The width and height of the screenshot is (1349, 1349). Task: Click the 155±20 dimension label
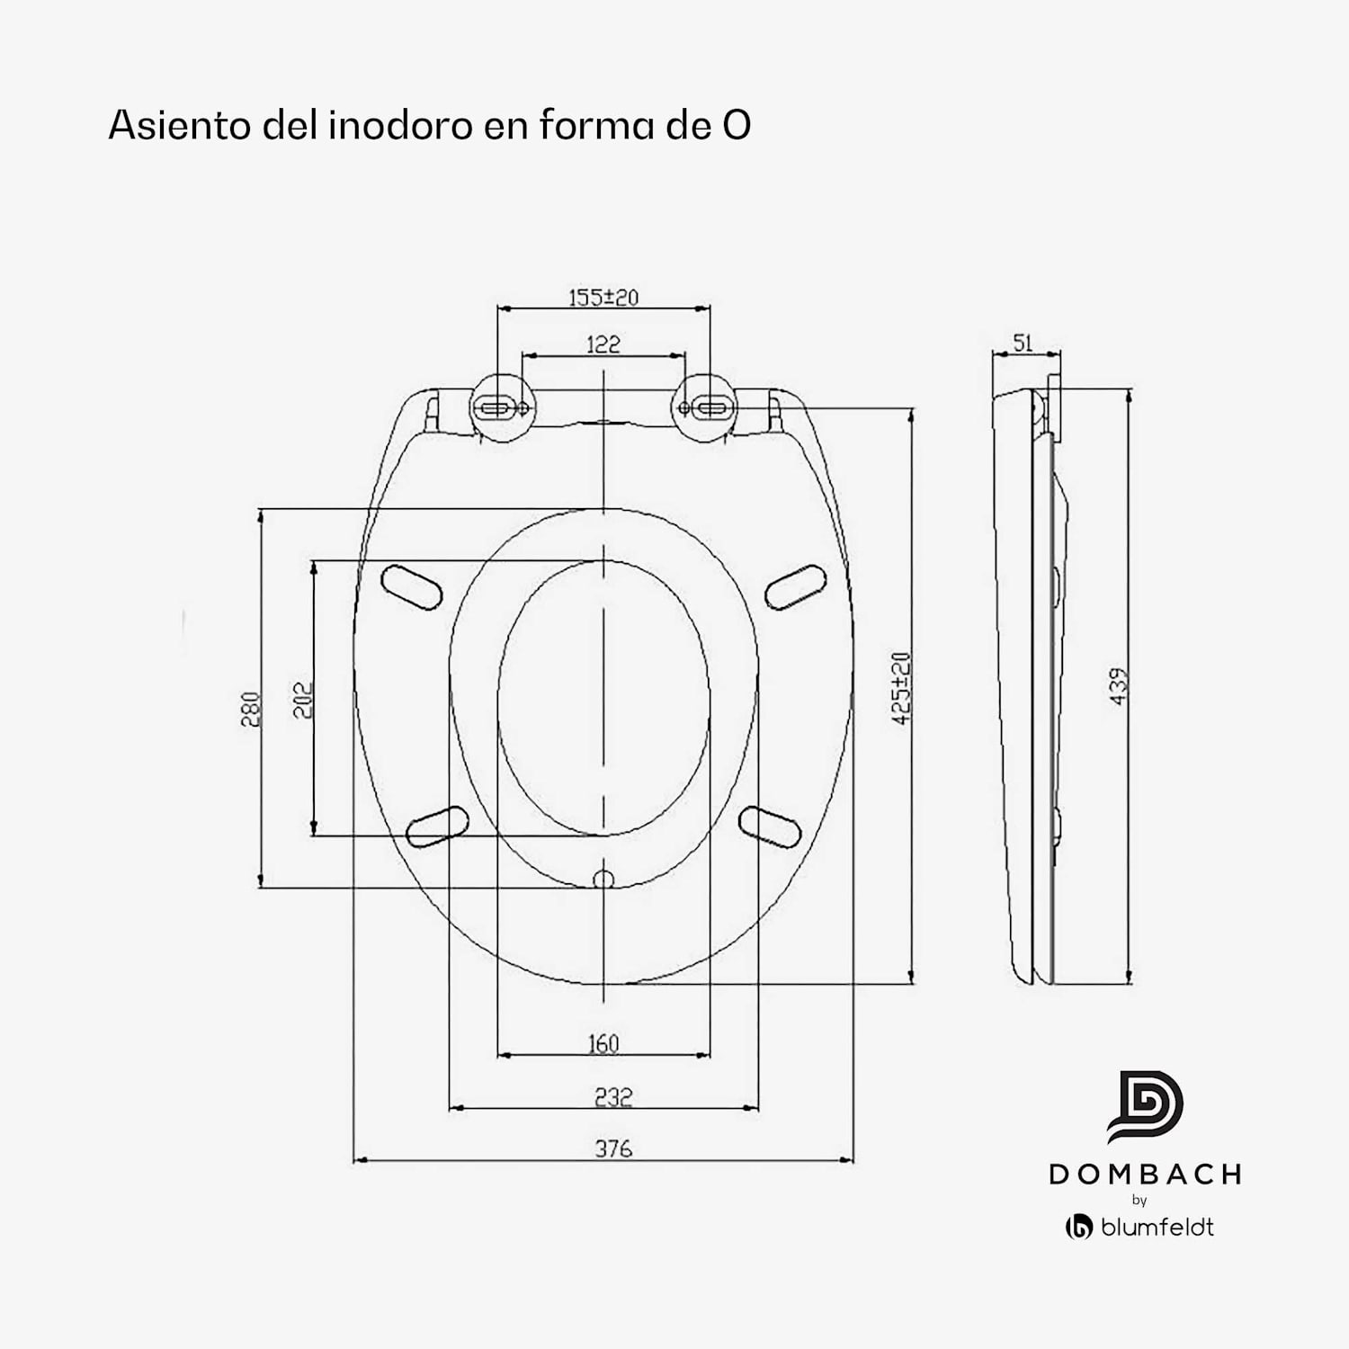click(603, 297)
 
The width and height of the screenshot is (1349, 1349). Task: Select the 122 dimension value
click(603, 344)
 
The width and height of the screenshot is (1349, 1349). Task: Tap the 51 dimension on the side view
click(1023, 343)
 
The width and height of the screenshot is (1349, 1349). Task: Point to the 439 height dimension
click(1119, 686)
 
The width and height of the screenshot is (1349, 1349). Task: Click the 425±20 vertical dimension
click(901, 688)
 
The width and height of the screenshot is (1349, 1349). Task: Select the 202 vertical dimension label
click(303, 699)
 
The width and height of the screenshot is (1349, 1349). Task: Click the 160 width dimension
click(603, 1043)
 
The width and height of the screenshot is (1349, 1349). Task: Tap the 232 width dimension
click(612, 1096)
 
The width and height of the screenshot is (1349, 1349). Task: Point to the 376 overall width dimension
click(612, 1148)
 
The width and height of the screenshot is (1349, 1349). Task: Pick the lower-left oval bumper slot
click(437, 826)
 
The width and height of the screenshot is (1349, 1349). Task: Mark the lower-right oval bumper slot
click(770, 826)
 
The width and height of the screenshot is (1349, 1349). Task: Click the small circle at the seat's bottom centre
click(603, 879)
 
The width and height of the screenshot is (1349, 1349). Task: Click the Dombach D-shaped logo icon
click(1144, 1107)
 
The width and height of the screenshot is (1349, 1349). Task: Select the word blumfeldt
click(1157, 1227)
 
